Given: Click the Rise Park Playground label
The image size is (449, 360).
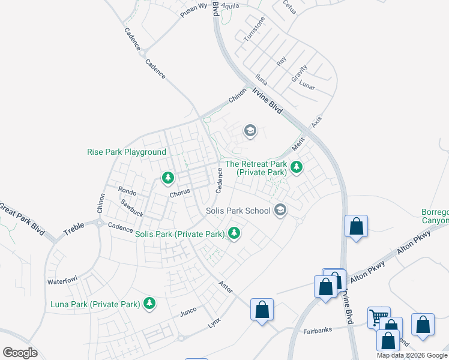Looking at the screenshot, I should click(127, 152).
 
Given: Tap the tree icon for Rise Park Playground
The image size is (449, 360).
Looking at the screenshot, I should click(168, 178).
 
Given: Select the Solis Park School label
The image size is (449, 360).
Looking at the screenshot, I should click(238, 211).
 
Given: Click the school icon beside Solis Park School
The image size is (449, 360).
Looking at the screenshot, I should click(280, 210).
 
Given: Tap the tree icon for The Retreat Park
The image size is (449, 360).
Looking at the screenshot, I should click(295, 166).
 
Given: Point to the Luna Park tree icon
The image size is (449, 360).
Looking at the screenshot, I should click(149, 304).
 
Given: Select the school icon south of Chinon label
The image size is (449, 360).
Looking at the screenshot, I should click(250, 131).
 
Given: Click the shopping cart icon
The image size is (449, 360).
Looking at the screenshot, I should click(378, 317).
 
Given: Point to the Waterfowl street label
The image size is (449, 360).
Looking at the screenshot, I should click(63, 281).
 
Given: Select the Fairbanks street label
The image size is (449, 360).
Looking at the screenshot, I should click(318, 331).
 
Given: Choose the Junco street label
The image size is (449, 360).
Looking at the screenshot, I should click(188, 313).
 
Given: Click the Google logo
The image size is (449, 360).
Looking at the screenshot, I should click(20, 353).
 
